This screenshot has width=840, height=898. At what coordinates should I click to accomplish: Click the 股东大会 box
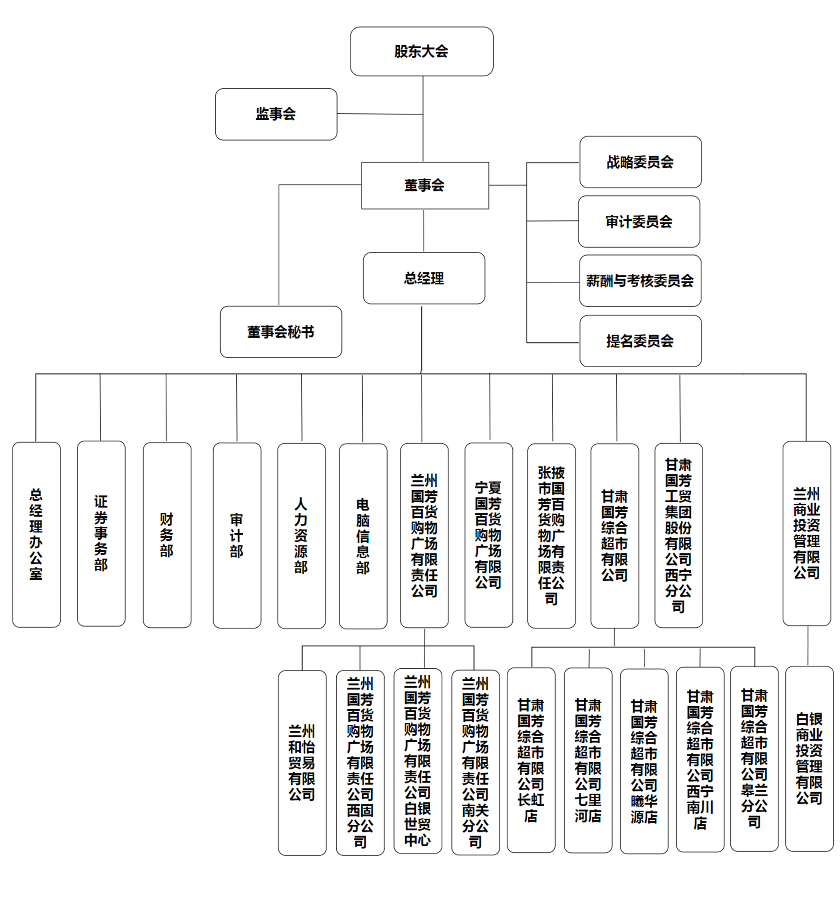421,51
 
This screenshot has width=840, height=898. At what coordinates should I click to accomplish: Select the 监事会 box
276,114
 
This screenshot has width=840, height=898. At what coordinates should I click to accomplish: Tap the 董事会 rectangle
425,185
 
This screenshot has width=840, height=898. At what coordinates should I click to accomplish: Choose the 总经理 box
424,278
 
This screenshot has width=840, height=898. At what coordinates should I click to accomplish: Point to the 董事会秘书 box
281,332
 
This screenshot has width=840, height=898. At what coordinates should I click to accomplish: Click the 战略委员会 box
640,162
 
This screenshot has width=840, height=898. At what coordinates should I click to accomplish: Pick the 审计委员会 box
639,221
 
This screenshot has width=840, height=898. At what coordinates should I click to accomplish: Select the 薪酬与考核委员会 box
640,281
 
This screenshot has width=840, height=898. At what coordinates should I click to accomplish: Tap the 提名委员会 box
640,341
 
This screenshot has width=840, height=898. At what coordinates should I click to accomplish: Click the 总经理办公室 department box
36,535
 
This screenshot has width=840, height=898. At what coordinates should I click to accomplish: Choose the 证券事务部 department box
101,533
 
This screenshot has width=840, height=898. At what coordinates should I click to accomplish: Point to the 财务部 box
167,535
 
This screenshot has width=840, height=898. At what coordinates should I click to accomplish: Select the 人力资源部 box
301,536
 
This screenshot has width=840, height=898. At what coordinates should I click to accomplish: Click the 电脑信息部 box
363,536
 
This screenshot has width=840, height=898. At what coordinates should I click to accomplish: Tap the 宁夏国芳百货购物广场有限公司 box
489,535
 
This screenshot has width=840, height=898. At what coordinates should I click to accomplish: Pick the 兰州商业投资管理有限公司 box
806,533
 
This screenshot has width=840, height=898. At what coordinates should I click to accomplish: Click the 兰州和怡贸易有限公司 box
302,763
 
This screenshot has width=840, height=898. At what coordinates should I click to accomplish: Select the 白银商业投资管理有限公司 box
809,759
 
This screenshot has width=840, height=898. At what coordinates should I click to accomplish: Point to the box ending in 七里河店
588,760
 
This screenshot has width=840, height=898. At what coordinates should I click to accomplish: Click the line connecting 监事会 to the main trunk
379,114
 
